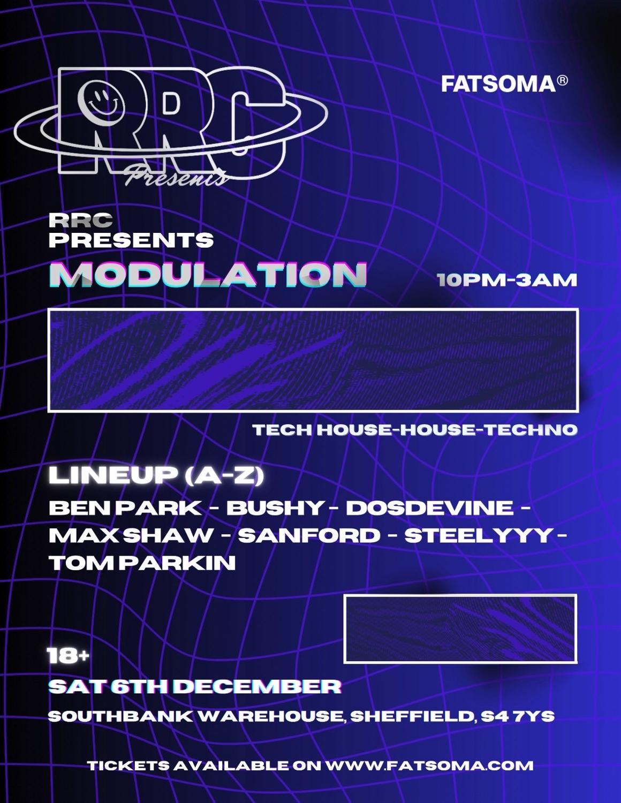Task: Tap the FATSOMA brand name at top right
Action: pos(498,84)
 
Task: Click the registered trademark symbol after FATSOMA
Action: pos(562,81)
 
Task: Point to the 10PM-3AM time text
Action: pos(507,280)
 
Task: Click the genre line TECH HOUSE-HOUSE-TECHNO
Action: pos(415,429)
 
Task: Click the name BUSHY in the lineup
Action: pos(275,507)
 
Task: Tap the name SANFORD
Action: pos(309,535)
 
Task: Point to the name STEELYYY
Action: pos(478,535)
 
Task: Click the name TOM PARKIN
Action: pos(142,563)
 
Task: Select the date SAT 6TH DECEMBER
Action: pos(194,687)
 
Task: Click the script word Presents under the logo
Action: pos(177,175)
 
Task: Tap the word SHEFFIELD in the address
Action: pos(412,716)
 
